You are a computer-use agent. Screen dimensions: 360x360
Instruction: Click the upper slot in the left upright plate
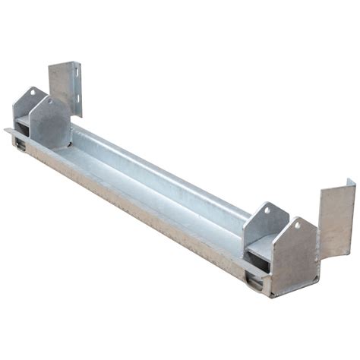pyautogui.click(x=76, y=73)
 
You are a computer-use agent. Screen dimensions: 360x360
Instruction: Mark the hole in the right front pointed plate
pyautogui.click(x=298, y=226)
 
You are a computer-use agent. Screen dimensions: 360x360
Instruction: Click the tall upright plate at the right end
pyautogui.click(x=336, y=220)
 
